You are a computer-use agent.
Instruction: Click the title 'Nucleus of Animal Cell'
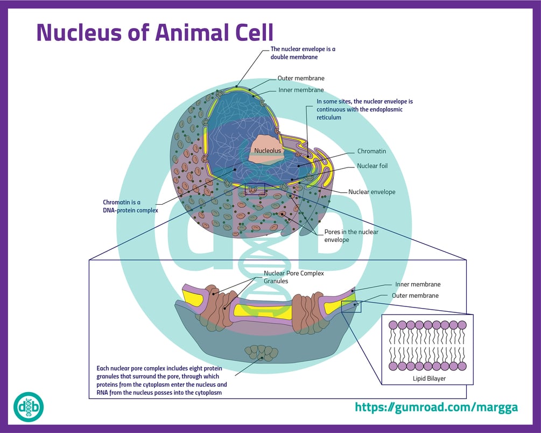pos(154,32)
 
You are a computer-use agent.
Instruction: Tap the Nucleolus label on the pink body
pos(268,151)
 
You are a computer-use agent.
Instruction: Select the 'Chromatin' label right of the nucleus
pos(371,151)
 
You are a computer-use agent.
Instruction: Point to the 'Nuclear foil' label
pos(372,166)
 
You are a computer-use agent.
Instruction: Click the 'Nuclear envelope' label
pos(371,192)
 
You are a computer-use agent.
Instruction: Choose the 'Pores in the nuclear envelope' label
pos(351,235)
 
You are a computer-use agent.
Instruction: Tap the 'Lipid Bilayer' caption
pos(427,378)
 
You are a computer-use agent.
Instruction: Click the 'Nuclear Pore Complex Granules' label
pos(293,277)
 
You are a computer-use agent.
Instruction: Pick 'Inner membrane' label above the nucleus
pos(301,90)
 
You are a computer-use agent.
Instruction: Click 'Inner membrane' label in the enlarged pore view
pos(417,284)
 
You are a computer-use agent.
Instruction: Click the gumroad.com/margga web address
pos(436,407)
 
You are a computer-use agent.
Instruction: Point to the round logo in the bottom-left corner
pos(28,407)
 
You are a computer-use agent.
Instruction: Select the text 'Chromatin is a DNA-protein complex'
pos(131,206)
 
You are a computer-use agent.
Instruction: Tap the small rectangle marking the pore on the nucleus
pos(255,189)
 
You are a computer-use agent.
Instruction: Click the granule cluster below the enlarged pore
pos(261,352)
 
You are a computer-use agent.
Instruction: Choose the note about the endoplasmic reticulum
pos(364,109)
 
